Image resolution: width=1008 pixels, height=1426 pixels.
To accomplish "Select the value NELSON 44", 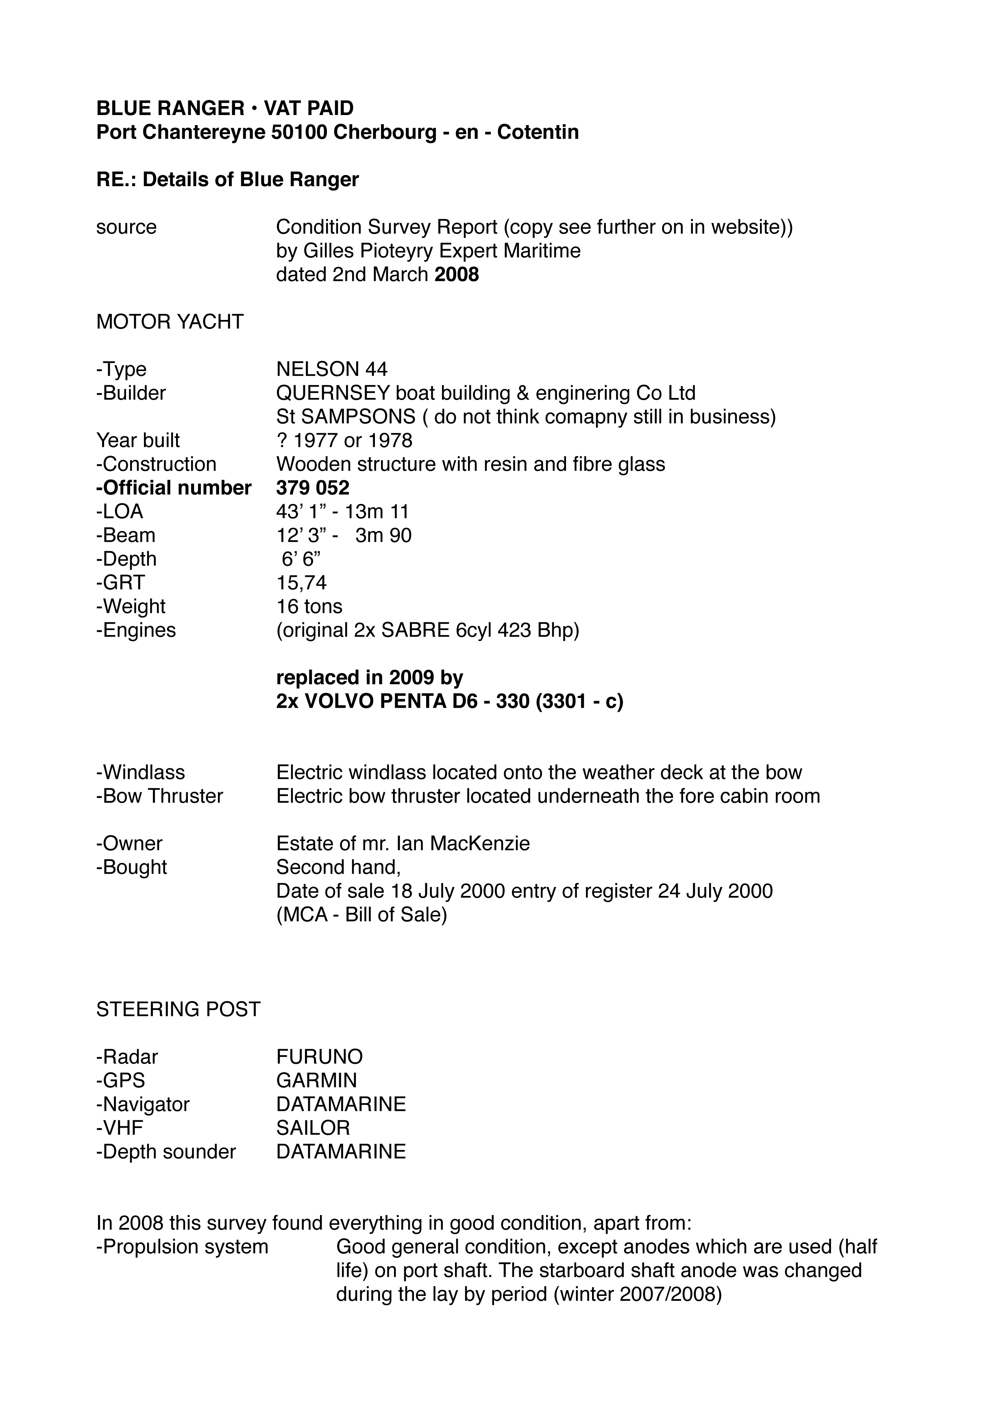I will [332, 369].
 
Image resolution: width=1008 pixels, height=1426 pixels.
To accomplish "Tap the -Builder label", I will [131, 393].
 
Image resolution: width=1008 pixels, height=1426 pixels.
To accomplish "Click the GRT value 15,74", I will [301, 583].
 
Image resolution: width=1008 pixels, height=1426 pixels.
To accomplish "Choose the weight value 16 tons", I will [309, 606].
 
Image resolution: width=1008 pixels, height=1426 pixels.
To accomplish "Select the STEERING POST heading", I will [178, 1009].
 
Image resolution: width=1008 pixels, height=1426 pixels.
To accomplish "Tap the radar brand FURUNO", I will [319, 1056].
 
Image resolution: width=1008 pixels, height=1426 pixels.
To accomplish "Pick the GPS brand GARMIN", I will [317, 1080].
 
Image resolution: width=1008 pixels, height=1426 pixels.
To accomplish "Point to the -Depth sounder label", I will [166, 1152].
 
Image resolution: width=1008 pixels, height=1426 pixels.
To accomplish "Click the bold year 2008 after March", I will [457, 274].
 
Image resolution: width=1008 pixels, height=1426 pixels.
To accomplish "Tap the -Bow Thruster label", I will [160, 796].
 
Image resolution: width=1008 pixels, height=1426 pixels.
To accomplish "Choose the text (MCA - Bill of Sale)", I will [361, 915].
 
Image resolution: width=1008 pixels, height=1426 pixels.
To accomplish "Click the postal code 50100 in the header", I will [299, 132].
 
